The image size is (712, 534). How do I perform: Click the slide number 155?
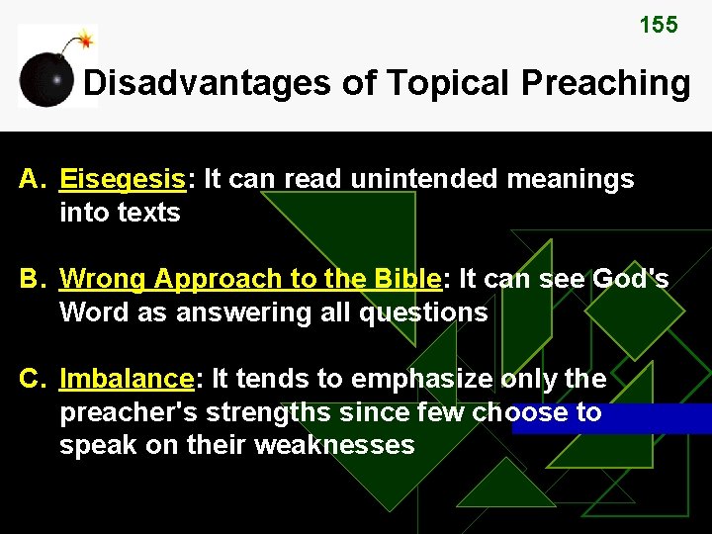[659, 26]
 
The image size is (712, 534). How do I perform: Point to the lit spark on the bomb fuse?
[86, 40]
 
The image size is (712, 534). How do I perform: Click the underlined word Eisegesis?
[124, 179]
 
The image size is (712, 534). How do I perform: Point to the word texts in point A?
[146, 212]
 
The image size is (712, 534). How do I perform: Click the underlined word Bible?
[406, 279]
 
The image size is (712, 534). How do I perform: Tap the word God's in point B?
[630, 279]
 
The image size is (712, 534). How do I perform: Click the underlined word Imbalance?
[127, 379]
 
